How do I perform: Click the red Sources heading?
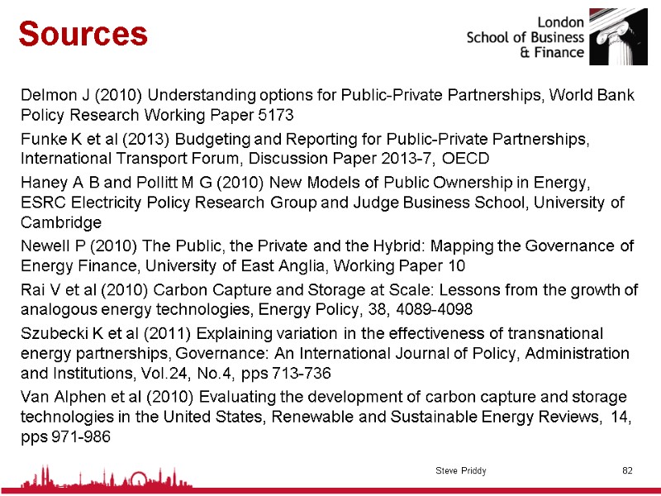tap(83, 34)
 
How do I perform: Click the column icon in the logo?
tap(618, 37)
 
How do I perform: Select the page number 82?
tap(627, 470)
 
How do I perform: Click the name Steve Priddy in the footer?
tap(461, 470)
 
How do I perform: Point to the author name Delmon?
tap(47, 95)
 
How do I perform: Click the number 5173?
tap(275, 113)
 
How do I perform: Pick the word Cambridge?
tap(61, 222)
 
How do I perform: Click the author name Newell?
tap(44, 246)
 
